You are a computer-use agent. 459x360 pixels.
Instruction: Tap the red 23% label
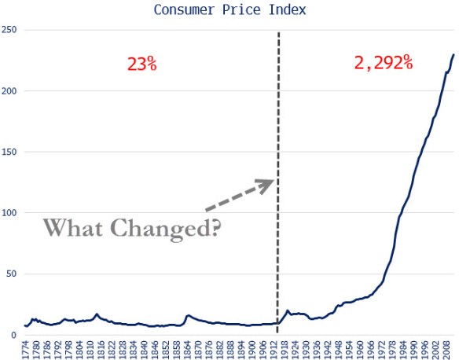point(141,64)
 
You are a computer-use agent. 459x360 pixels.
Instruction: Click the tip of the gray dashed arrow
point(274,181)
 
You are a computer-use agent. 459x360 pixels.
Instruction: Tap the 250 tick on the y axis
point(10,30)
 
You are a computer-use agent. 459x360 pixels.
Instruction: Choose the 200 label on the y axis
point(10,91)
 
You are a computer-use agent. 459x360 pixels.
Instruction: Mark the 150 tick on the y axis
point(10,152)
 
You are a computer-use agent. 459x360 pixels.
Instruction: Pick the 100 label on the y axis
point(10,213)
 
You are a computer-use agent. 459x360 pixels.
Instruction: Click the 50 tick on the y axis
point(13,274)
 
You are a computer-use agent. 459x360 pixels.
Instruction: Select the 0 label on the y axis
point(16,335)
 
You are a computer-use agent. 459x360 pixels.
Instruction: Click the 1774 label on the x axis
point(27,348)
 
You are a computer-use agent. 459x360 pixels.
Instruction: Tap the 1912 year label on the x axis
point(277,348)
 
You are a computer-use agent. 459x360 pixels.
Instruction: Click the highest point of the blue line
point(454,55)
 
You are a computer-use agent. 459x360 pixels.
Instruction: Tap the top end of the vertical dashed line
point(279,33)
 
